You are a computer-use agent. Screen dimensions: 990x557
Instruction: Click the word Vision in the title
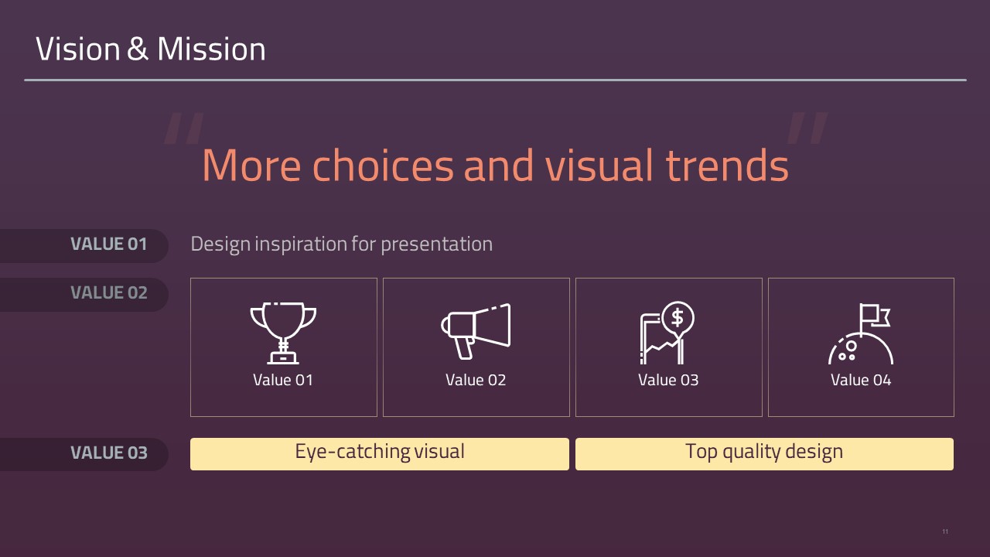point(78,49)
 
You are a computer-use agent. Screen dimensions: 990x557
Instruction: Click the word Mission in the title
point(211,49)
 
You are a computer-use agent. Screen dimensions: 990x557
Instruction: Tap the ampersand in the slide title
point(138,49)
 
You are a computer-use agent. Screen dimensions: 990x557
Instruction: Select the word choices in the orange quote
point(383,166)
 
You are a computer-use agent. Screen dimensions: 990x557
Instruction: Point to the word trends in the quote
point(727,166)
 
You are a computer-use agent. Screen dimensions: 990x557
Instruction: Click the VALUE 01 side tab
point(84,245)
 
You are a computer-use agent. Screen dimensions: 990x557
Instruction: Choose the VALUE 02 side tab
point(84,294)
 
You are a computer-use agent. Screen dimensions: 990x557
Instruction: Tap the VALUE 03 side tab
point(84,454)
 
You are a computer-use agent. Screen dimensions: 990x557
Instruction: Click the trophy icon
point(283,333)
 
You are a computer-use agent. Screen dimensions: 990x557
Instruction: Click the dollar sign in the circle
point(677,317)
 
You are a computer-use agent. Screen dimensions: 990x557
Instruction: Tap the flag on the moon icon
point(874,315)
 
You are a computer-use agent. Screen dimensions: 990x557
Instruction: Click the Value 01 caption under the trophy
point(283,380)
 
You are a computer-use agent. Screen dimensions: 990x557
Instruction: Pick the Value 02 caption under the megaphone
point(476,380)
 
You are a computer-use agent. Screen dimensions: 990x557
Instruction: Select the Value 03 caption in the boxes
point(668,380)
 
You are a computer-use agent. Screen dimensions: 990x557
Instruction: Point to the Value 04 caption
point(861,380)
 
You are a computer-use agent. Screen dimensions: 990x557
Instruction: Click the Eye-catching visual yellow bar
point(380,454)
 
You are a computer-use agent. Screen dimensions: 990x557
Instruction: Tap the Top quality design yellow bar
point(765,454)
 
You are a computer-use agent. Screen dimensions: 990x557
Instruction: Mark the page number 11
point(945,531)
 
